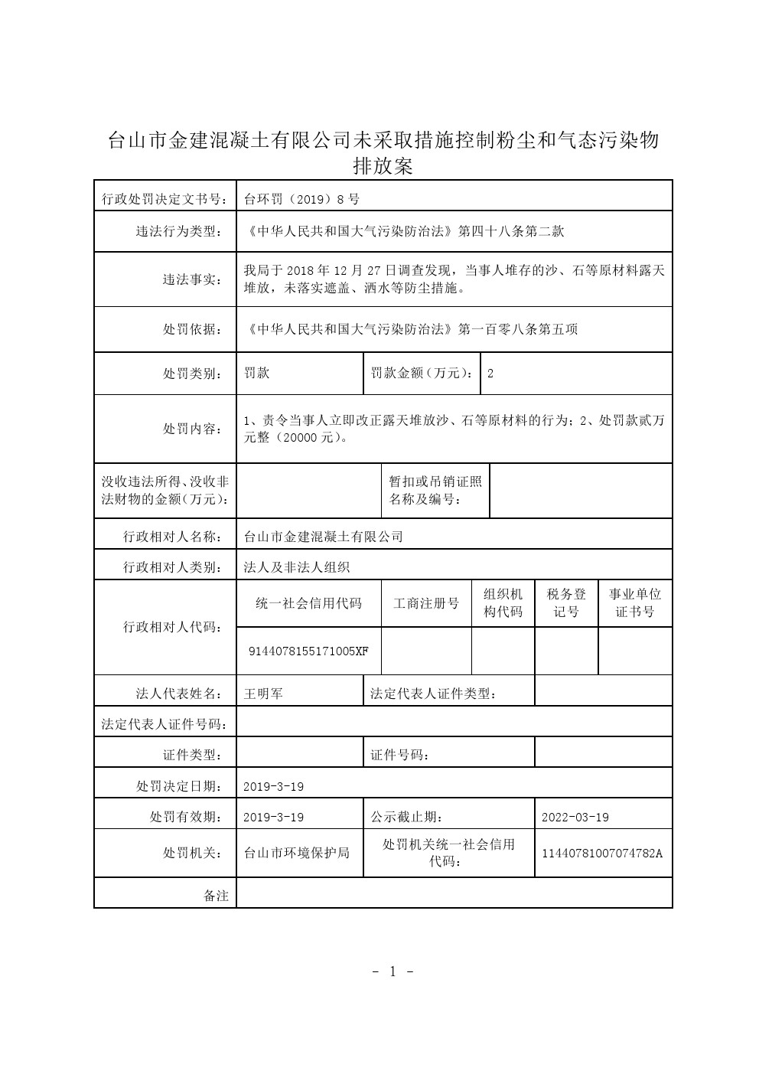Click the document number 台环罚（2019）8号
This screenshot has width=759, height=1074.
[301, 200]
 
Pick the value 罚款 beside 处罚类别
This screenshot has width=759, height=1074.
[256, 374]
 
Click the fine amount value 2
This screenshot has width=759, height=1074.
[490, 374]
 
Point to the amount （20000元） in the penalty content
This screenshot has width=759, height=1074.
[307, 439]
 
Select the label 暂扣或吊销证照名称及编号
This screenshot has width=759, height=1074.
[435, 491]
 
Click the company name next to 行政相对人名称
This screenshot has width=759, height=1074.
[323, 537]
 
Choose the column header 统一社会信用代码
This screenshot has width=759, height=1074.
[308, 603]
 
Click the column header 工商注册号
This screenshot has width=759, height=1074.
[426, 603]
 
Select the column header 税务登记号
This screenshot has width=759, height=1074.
[566, 602]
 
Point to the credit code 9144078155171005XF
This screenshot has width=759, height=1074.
[308, 651]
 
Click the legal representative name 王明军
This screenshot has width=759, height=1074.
[263, 694]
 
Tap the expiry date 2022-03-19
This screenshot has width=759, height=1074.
[575, 818]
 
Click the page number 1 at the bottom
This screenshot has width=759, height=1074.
[393, 972]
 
